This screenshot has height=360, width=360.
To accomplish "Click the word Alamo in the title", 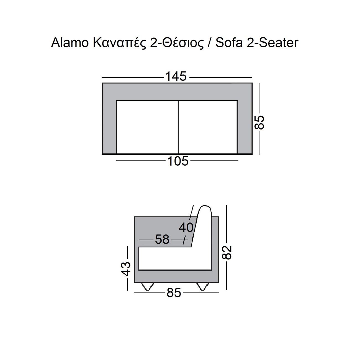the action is click(x=70, y=43).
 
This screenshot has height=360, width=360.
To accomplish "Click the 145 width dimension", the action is click(x=176, y=76).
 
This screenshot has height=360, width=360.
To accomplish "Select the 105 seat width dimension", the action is click(x=178, y=161).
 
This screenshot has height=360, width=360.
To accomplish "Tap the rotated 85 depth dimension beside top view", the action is click(x=259, y=122).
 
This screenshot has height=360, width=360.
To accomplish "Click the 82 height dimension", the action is click(x=227, y=253).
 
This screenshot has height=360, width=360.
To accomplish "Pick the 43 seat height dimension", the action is click(x=126, y=269).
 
